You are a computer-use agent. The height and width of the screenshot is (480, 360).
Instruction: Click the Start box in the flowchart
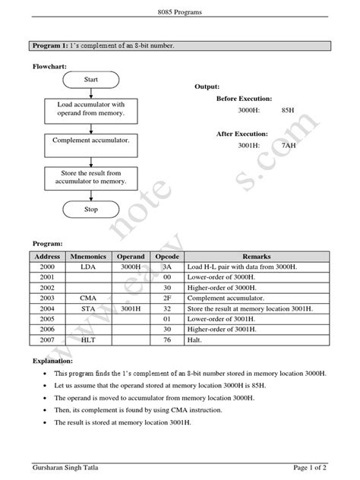91,78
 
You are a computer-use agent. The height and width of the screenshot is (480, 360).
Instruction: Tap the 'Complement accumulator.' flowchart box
91,141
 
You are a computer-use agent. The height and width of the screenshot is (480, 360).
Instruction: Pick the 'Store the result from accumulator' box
91,177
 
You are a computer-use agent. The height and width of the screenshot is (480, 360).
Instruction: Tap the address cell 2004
47,311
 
